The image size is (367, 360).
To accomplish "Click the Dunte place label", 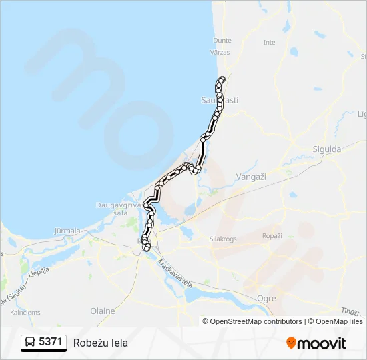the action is point(222,41).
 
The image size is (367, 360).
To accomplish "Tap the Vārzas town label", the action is point(220,52).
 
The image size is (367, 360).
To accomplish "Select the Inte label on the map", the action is point(269,42).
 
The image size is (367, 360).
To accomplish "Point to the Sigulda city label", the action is point(327,149).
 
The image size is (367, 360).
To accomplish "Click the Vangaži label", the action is point(251,177).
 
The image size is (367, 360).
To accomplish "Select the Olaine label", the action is point(102,311).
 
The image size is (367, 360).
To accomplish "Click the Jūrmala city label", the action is point(66,231).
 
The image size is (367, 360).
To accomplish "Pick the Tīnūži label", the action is point(350,312).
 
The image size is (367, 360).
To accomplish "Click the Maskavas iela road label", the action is point(171,268).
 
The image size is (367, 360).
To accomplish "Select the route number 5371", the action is point(51,343).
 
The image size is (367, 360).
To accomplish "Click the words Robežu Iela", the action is point(101,343).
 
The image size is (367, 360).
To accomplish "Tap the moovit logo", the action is point(316,343).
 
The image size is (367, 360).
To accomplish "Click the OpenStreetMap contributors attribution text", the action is point(256,321).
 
